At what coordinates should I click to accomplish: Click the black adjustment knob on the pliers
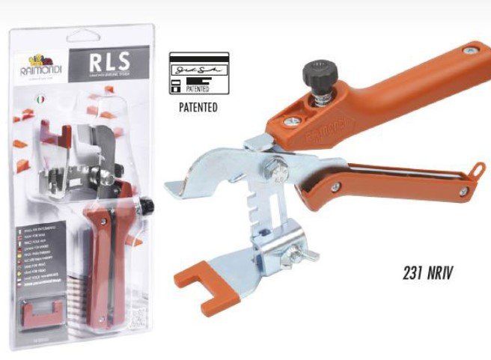coord(317,74)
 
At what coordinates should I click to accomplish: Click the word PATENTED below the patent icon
coord(198,107)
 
